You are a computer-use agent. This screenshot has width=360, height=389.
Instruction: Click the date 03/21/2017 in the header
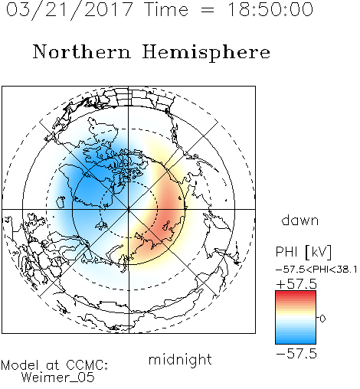point(69,10)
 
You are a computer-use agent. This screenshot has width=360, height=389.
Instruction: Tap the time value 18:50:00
point(270,9)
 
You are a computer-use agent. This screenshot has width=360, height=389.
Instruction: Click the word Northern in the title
point(82,51)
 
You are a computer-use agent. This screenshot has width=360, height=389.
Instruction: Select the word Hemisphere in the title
point(206,52)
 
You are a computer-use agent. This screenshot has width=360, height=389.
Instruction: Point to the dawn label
point(300,220)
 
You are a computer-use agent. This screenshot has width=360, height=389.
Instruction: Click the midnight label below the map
point(180,359)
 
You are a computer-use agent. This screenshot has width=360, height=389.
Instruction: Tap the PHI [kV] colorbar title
point(303,252)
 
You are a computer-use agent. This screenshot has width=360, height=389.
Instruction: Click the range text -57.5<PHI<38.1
point(316,270)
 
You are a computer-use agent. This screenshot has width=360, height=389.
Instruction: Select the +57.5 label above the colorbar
point(296,284)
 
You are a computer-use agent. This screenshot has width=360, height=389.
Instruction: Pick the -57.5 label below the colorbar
point(296,354)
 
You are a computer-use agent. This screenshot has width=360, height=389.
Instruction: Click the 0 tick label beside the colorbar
point(322,319)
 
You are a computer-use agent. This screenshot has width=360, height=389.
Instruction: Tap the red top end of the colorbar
point(296,293)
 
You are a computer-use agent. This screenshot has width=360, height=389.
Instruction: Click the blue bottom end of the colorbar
point(296,342)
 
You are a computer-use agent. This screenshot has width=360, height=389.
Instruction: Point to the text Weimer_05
point(58,377)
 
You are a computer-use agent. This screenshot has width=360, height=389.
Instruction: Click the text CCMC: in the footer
point(87,365)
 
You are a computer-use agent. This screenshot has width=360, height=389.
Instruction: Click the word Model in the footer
point(20,365)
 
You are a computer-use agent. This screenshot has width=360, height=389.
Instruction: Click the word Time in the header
point(166,9)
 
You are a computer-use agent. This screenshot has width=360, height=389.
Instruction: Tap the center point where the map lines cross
point(129,209)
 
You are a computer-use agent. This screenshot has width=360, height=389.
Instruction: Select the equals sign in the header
point(208,10)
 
